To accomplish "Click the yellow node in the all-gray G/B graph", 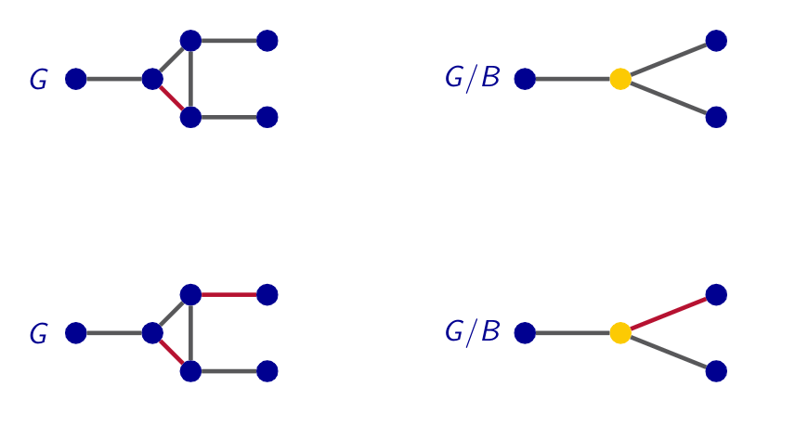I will [620, 79].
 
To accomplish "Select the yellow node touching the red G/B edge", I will [620, 333].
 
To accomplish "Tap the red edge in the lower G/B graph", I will [669, 314].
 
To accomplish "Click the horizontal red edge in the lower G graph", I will [228, 295].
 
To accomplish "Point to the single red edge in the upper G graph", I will [172, 98].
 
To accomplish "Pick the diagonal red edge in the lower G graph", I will [172, 353].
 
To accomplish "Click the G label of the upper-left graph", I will [38, 81].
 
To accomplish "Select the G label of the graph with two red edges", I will [38, 334].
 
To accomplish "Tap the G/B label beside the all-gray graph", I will [472, 79].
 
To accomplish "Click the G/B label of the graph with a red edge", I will [472, 332].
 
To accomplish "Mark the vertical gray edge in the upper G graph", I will [190, 79].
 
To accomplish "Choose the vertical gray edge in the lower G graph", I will [190, 333].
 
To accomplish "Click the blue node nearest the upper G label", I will [76, 79].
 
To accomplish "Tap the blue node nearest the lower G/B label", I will [525, 333].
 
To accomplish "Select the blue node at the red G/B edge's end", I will [716, 295].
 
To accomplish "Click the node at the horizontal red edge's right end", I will [267, 295].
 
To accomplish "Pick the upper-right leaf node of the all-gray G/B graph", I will [716, 41].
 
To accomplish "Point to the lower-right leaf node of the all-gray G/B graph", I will [716, 117].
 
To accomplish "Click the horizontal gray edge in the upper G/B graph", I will [572, 79].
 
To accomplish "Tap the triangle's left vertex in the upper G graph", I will [152, 79].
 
